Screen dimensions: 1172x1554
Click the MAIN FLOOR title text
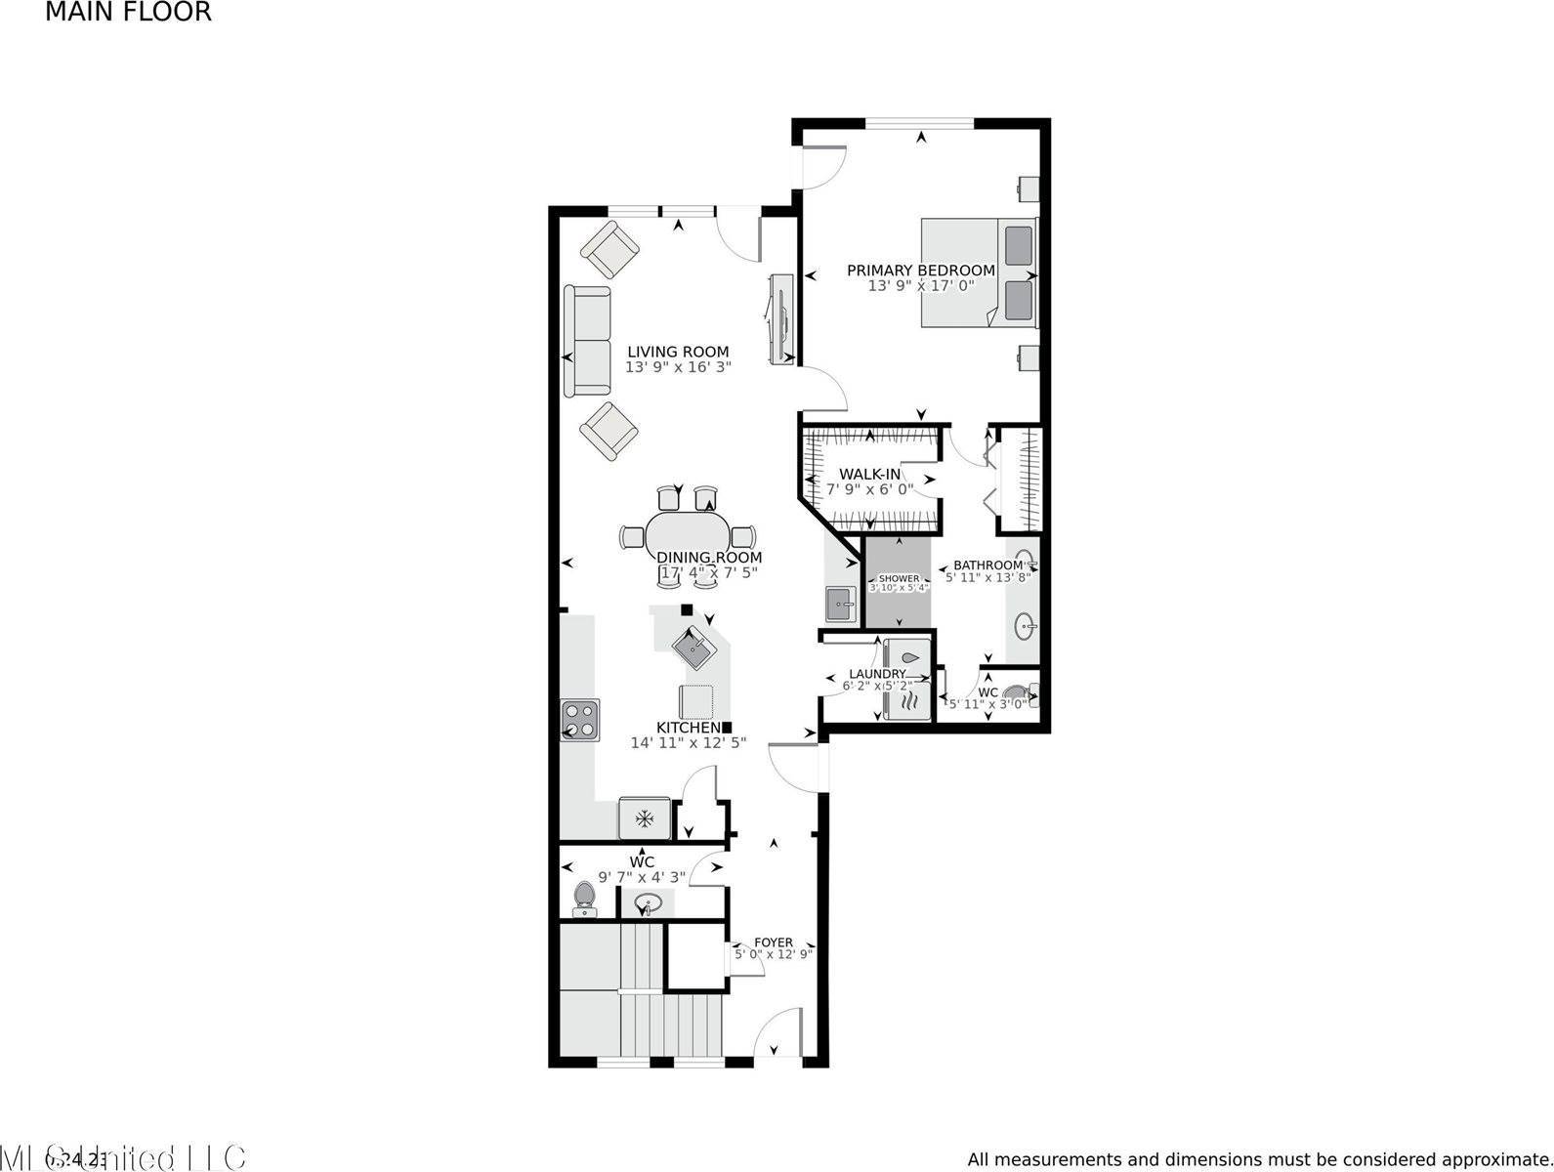(128, 13)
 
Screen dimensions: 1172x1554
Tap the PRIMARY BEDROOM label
(920, 271)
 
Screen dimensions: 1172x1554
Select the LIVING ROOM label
(678, 352)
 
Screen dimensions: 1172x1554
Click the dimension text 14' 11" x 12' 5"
(688, 742)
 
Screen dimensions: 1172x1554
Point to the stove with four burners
(579, 720)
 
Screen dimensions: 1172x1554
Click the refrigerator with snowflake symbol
(645, 817)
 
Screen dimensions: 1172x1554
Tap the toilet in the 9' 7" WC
(585, 899)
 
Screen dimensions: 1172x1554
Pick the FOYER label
(774, 942)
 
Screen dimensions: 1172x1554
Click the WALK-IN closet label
(869, 474)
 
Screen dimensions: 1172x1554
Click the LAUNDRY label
(877, 674)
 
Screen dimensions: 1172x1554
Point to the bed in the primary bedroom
(977, 272)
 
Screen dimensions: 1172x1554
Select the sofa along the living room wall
(587, 341)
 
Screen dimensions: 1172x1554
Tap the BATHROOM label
(987, 565)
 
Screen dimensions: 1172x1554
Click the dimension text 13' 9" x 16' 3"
(678, 367)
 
